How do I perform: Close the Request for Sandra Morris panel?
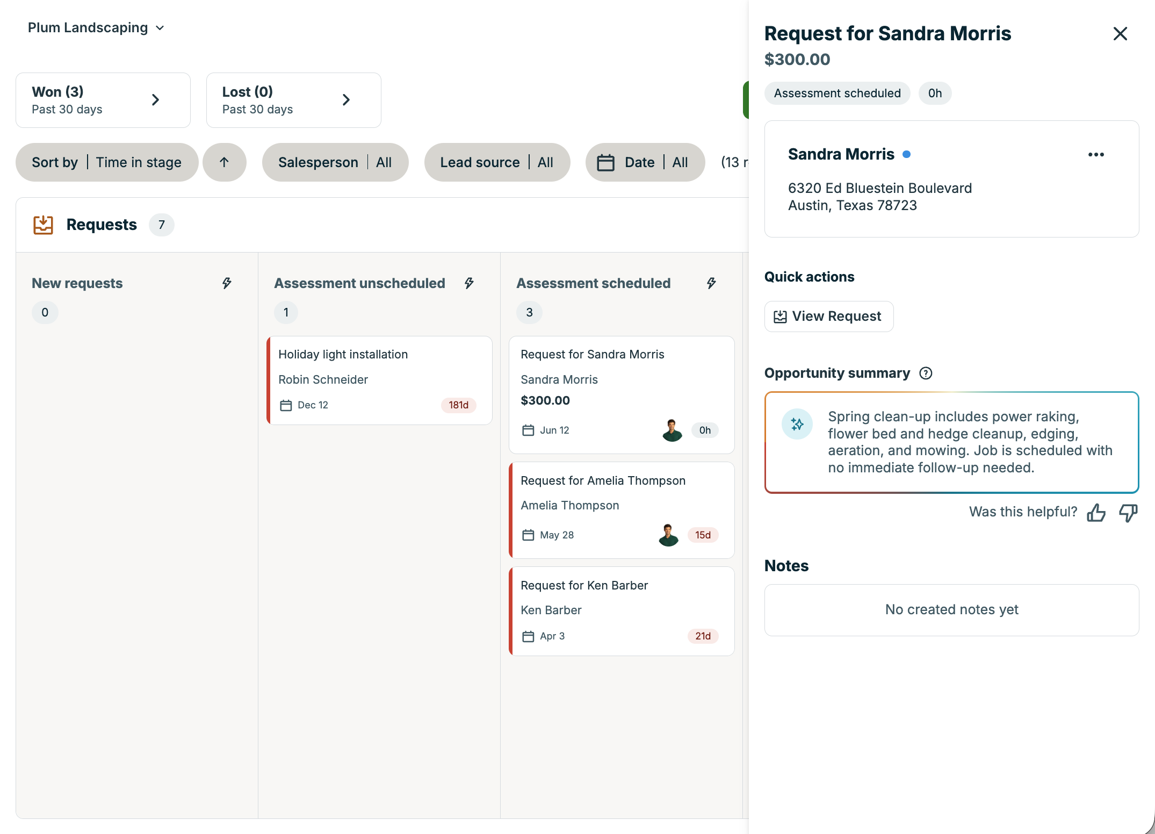[x=1120, y=34]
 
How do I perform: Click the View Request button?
[x=829, y=317]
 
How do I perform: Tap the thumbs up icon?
[x=1096, y=513]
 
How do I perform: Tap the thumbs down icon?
[x=1128, y=513]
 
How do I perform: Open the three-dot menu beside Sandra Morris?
[x=1096, y=155]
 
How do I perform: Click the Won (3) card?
[x=103, y=100]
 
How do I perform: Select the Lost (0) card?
[x=294, y=100]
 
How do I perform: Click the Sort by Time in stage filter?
[x=107, y=162]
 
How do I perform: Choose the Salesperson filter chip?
[x=335, y=162]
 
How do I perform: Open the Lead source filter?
[x=497, y=162]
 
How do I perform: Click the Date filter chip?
[x=645, y=162]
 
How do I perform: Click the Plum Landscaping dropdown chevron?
[x=160, y=28]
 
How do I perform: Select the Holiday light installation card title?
[x=343, y=355]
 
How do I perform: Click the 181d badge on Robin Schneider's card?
[x=459, y=405]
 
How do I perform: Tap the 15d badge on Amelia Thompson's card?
[x=703, y=535]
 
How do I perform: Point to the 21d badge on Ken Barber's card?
[x=703, y=636]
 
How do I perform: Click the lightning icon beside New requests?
[x=227, y=283]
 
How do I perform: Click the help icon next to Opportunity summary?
[x=926, y=373]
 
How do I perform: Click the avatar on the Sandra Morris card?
[x=672, y=430]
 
